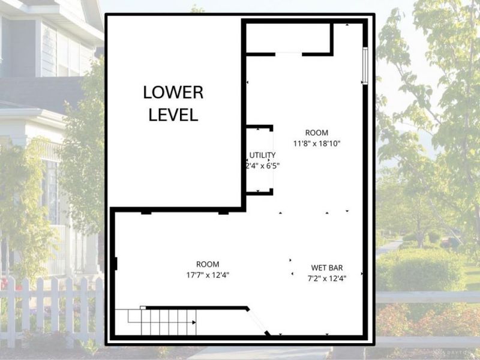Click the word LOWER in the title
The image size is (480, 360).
pos(173,93)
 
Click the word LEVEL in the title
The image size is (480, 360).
pos(173,115)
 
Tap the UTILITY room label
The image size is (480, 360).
pos(262,155)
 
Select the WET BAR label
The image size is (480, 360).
pos(327,268)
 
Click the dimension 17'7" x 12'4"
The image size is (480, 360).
pos(208,275)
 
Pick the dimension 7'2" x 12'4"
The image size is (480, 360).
pos(327,278)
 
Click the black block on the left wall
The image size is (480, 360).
pos(115,263)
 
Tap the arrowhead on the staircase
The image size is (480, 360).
pos(194,322)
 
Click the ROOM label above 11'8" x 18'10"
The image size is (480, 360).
pos(317,133)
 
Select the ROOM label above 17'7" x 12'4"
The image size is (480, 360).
pos(208,264)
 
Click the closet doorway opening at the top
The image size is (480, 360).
pos(289,54)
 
